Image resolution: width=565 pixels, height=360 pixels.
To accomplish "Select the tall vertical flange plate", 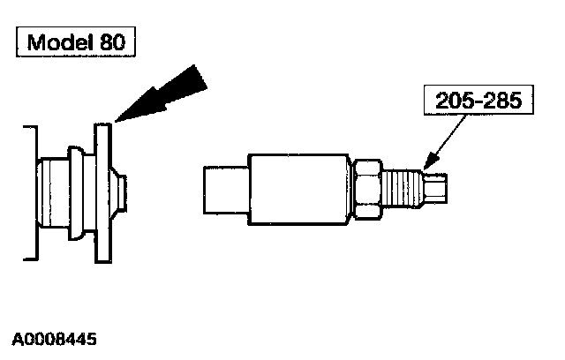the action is pyautogui.click(x=104, y=192).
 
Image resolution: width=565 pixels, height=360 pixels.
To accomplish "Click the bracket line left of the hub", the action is pyautogui.click(x=34, y=192).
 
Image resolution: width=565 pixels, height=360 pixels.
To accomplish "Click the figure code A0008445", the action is pyautogui.click(x=55, y=339).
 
